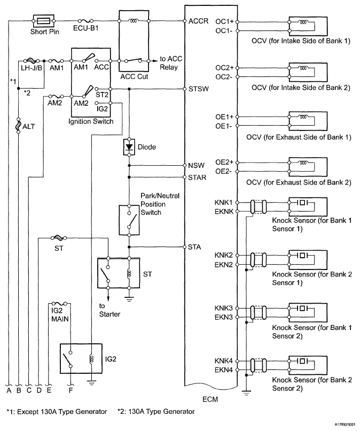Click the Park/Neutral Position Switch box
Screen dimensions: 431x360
tap(129, 219)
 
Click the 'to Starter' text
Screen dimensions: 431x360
tap(109, 310)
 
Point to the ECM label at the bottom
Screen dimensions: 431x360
tap(210, 399)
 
